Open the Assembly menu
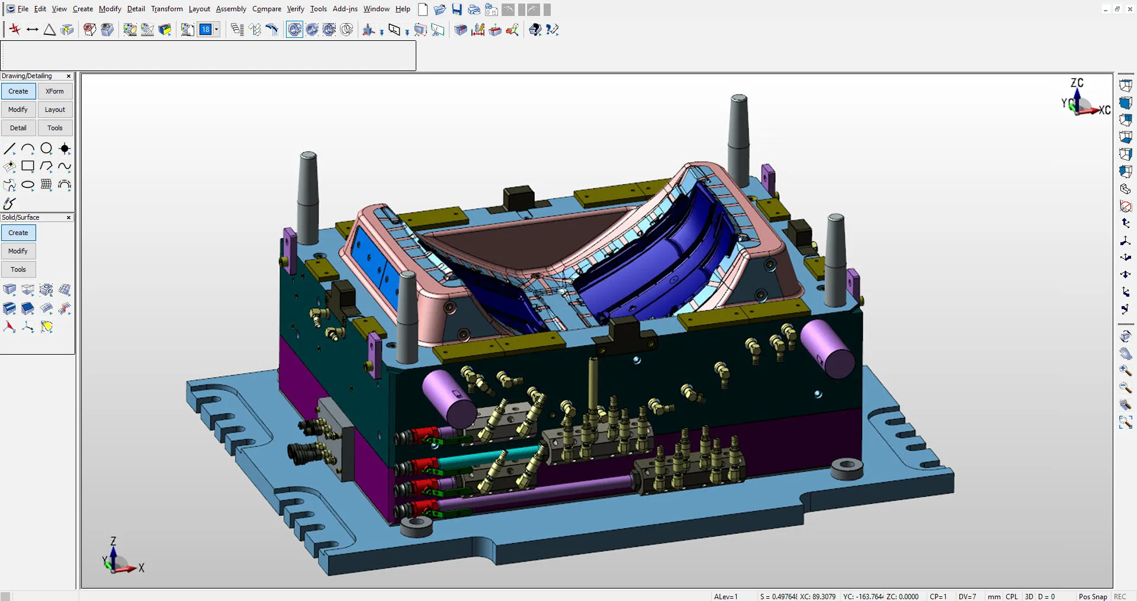[x=231, y=9]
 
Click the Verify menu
[x=296, y=9]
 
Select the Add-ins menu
[x=345, y=9]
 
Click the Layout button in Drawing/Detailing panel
[x=55, y=110]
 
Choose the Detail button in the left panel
[x=18, y=128]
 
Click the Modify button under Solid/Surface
[x=18, y=251]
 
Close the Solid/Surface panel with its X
[x=69, y=218]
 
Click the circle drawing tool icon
[x=46, y=149]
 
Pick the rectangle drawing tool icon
[x=28, y=166]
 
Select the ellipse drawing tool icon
[x=28, y=185]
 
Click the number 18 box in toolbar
[x=205, y=30]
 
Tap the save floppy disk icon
[x=457, y=9]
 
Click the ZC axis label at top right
[x=1077, y=83]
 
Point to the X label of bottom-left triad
[x=142, y=568]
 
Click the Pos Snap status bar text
[x=1093, y=596]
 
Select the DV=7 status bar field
[x=967, y=596]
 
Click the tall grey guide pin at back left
[x=308, y=195]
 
